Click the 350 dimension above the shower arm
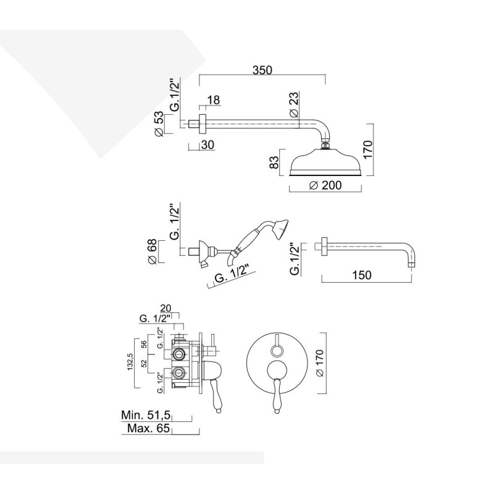[262, 70]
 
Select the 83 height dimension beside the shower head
[273, 163]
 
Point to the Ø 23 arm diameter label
[294, 105]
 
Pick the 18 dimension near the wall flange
[214, 101]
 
